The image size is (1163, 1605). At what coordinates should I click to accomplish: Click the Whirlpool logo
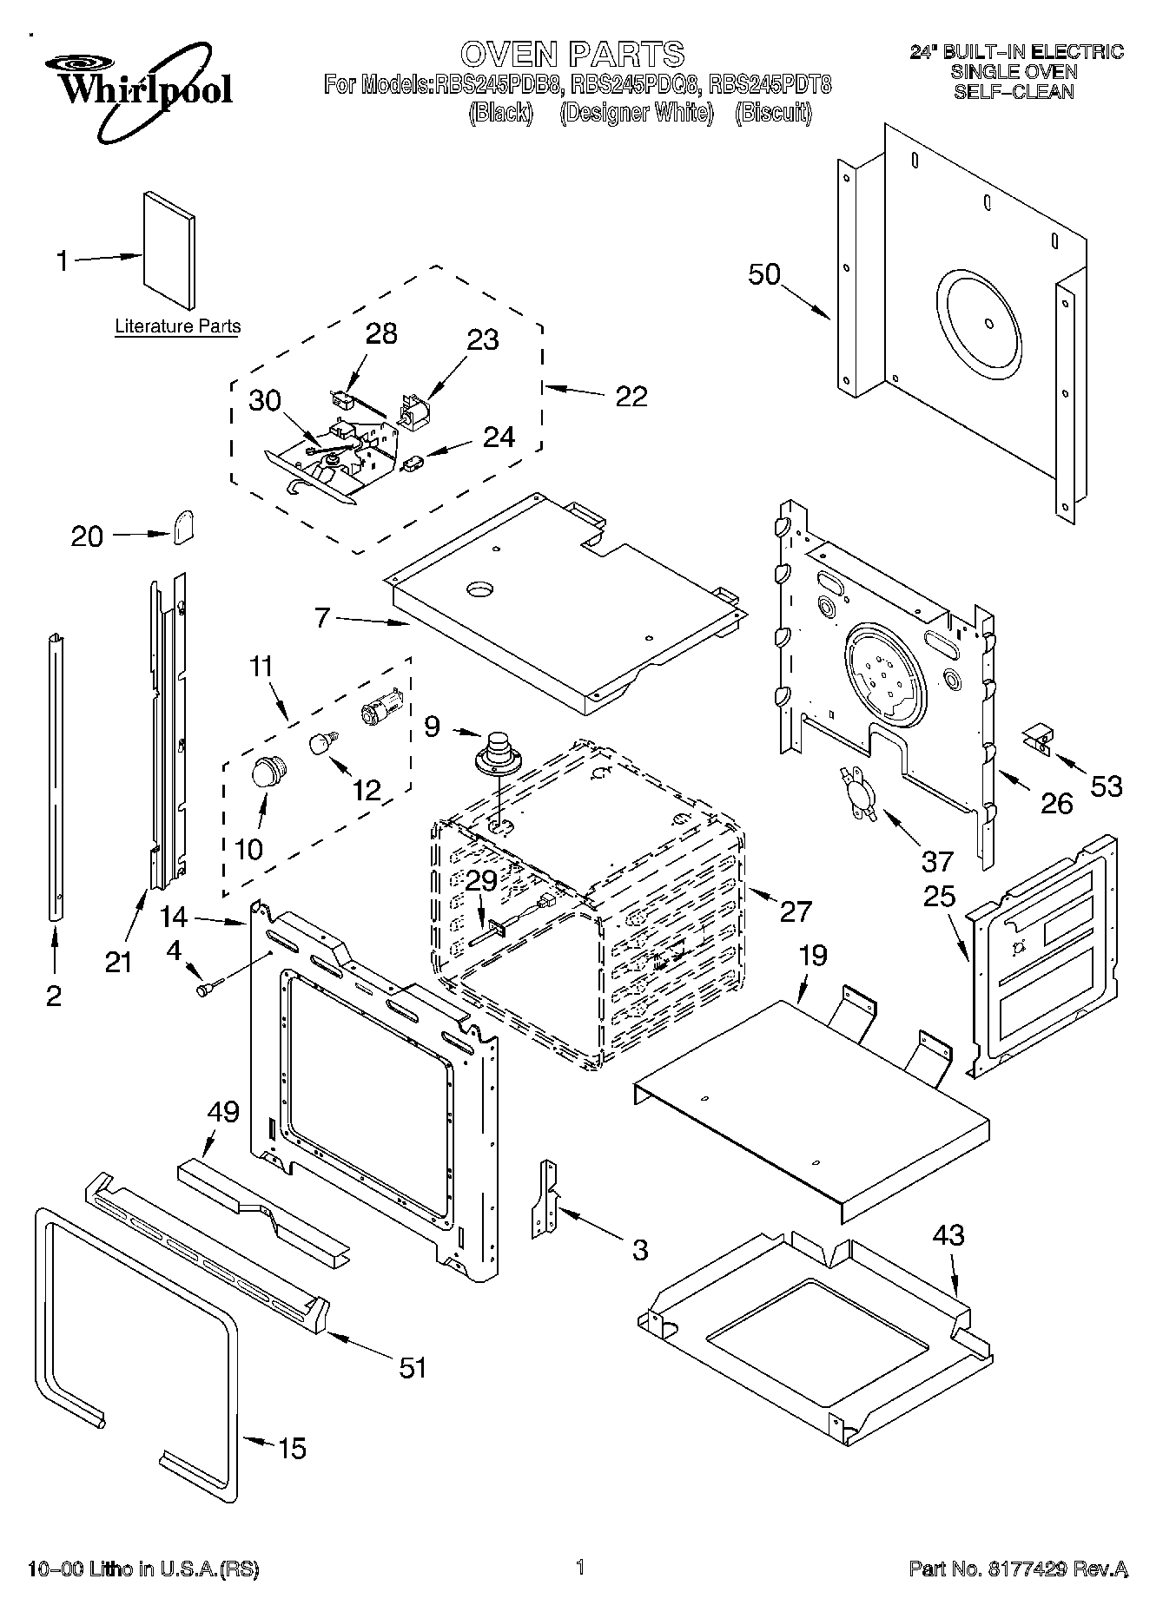139,89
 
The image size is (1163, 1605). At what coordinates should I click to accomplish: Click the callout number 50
764,274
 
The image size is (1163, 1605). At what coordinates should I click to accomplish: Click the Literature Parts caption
178,327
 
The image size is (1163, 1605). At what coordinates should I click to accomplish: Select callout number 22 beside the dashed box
631,396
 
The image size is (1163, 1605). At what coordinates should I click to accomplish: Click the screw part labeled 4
208,988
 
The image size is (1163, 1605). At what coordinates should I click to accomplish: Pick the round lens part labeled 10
269,770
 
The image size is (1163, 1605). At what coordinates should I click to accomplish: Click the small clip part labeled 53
1037,740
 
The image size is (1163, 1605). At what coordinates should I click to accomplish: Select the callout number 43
948,1233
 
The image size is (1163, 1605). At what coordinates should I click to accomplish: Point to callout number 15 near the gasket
293,1448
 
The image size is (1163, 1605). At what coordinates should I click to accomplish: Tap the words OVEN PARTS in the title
572,54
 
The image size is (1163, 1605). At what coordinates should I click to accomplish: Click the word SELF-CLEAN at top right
1014,92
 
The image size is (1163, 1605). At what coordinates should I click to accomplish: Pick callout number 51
413,1367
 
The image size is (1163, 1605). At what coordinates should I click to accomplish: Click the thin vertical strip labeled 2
56,773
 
